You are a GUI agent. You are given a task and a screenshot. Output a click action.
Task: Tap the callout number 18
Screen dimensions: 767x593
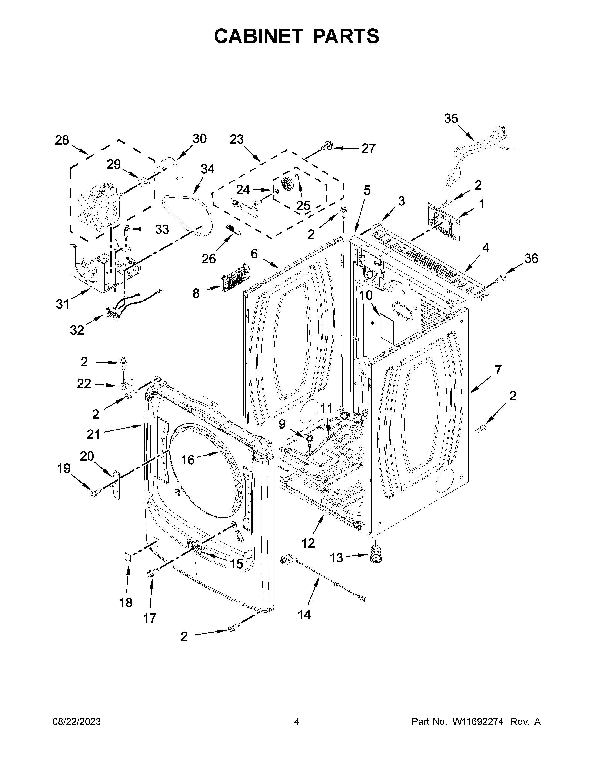pyautogui.click(x=126, y=603)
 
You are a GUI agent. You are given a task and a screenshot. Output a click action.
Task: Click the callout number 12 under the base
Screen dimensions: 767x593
pyautogui.click(x=308, y=543)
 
